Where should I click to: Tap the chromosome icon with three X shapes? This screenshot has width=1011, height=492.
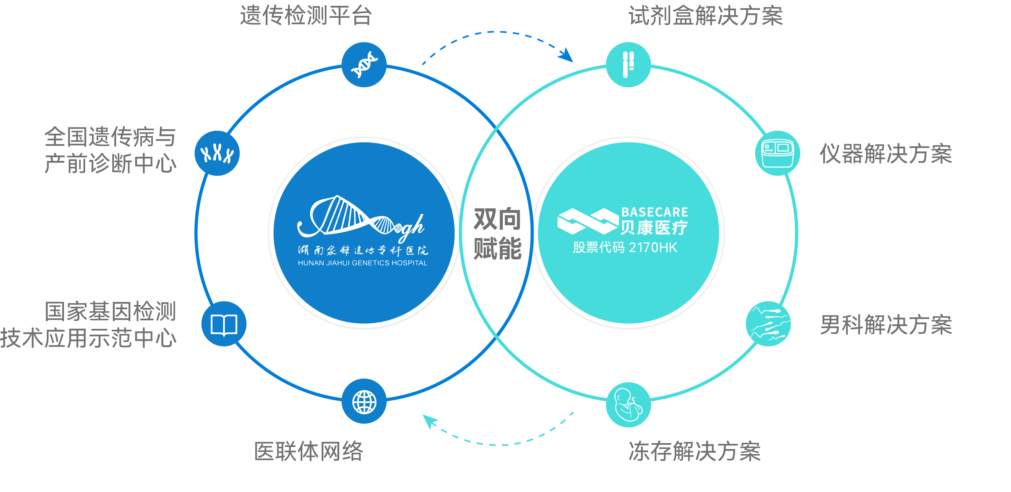coord(217,153)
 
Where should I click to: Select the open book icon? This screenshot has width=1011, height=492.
coord(224,324)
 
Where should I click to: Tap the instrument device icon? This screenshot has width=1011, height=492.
coord(778,153)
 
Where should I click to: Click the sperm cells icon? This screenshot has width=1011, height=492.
coord(768,324)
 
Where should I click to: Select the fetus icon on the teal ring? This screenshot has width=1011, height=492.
coord(628,405)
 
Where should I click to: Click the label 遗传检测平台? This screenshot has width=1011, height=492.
coord(306,16)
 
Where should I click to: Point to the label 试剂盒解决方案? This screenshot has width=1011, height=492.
coord(706,16)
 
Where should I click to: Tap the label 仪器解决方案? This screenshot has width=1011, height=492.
coord(886,154)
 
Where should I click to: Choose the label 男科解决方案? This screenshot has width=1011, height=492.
coord(886,325)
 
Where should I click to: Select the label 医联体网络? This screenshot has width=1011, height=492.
coord(308,451)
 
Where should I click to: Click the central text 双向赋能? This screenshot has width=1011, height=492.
coord(497,234)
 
